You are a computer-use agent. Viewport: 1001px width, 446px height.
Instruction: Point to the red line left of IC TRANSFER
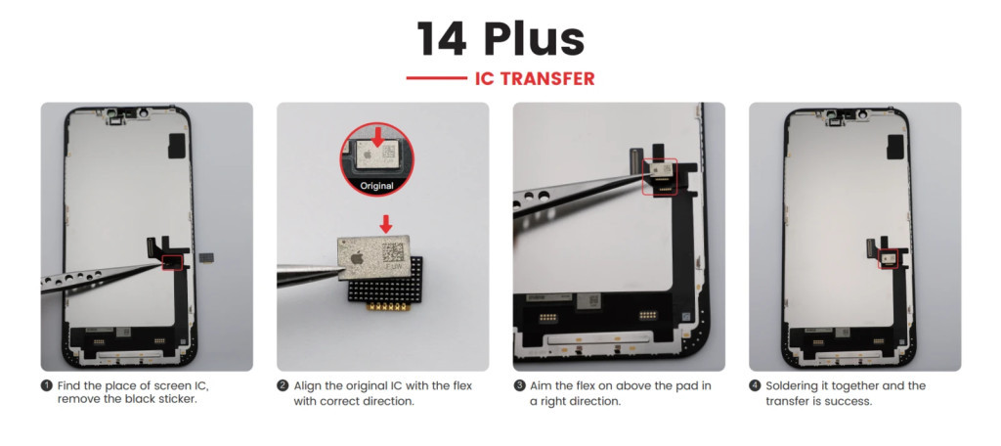(x=437, y=78)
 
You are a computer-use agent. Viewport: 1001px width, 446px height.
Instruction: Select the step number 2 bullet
(x=283, y=386)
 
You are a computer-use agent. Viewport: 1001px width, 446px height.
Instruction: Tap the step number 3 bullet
(x=518, y=386)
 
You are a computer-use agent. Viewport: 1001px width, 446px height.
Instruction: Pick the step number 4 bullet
(x=755, y=386)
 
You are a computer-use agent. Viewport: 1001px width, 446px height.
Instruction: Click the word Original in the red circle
(x=376, y=187)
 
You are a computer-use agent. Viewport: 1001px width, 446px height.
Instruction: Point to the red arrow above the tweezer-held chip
(x=385, y=224)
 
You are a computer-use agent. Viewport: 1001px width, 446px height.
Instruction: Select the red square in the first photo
(x=172, y=261)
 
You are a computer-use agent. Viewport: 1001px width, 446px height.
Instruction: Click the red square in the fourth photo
(x=887, y=259)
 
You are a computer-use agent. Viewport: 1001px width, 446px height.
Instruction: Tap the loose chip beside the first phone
(x=205, y=256)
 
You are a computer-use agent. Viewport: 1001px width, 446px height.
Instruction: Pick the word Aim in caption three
(x=540, y=386)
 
